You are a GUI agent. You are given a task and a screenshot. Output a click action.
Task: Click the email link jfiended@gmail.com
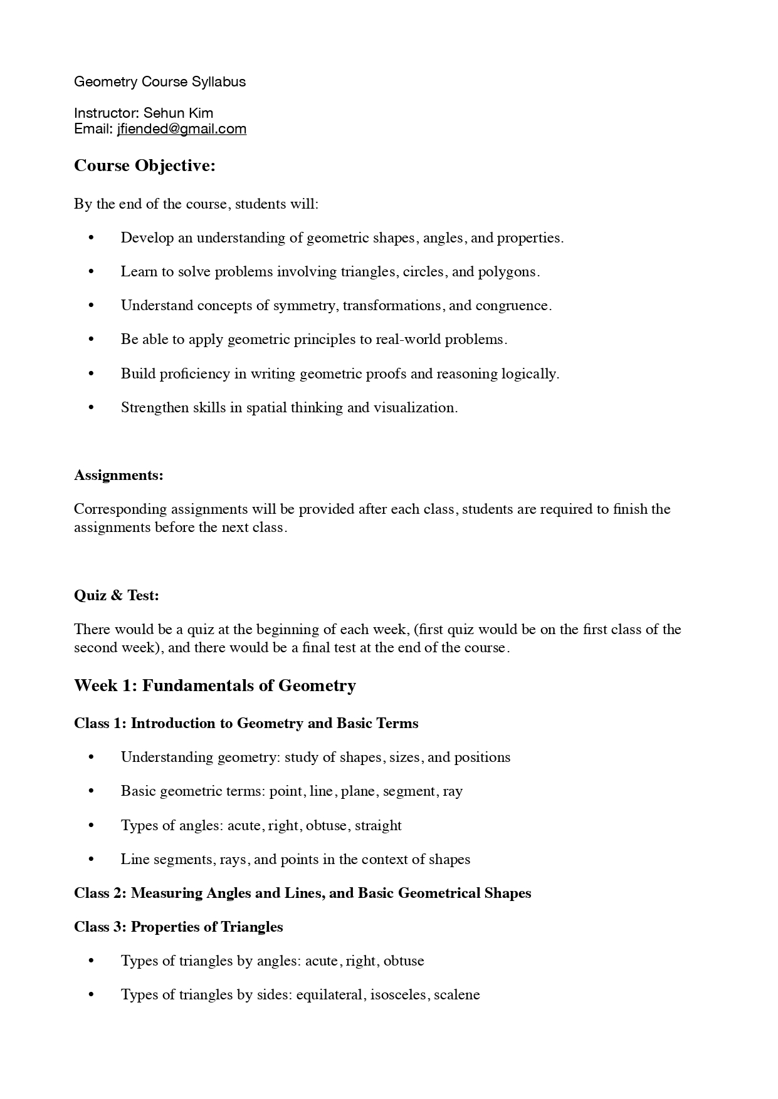(181, 129)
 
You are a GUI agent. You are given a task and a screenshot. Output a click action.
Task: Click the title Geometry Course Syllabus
(160, 81)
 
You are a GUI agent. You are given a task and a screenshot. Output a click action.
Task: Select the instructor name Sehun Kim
(178, 113)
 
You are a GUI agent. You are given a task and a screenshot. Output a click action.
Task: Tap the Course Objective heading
(145, 165)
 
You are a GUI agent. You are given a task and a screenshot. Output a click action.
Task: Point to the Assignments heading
(118, 475)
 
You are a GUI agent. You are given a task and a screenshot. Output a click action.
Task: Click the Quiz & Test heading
(117, 595)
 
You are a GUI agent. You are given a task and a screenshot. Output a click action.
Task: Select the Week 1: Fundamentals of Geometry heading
(215, 685)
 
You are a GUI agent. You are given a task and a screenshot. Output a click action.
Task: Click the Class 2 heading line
(302, 893)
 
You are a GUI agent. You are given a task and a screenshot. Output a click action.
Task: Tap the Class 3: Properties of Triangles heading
(179, 927)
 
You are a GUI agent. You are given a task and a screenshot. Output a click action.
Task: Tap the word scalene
(457, 995)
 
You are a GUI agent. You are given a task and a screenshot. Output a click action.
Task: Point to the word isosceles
(398, 995)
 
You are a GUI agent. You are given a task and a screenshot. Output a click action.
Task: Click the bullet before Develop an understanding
(92, 238)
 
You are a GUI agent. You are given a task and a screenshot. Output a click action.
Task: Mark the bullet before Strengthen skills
(92, 408)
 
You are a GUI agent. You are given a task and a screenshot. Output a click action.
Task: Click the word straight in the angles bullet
(378, 825)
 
